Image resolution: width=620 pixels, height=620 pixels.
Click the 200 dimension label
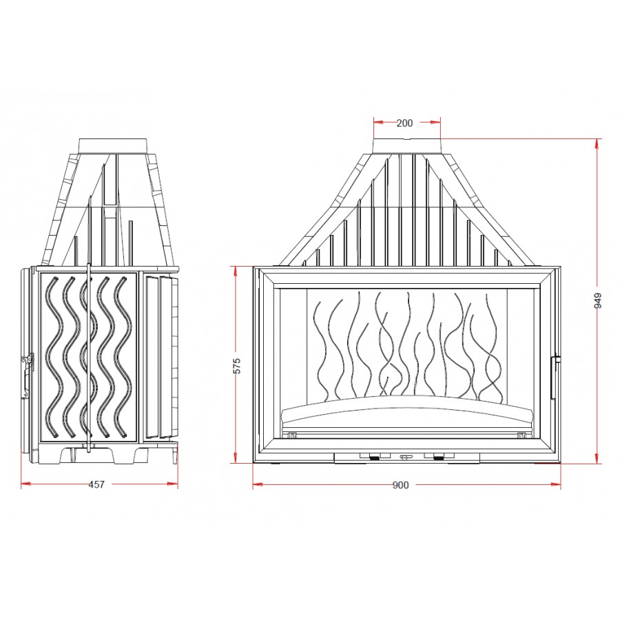[x=404, y=123]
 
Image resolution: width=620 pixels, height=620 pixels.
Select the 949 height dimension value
[x=598, y=301]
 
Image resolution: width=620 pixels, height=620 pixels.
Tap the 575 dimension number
[x=236, y=366]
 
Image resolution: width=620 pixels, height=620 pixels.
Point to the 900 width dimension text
[x=400, y=485]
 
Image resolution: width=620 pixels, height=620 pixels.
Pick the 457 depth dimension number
[x=96, y=484]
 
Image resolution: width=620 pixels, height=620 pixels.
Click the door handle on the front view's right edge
[x=555, y=377]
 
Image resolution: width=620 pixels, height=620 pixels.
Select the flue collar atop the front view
[x=407, y=146]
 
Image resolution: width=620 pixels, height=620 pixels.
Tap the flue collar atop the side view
[x=114, y=146]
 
